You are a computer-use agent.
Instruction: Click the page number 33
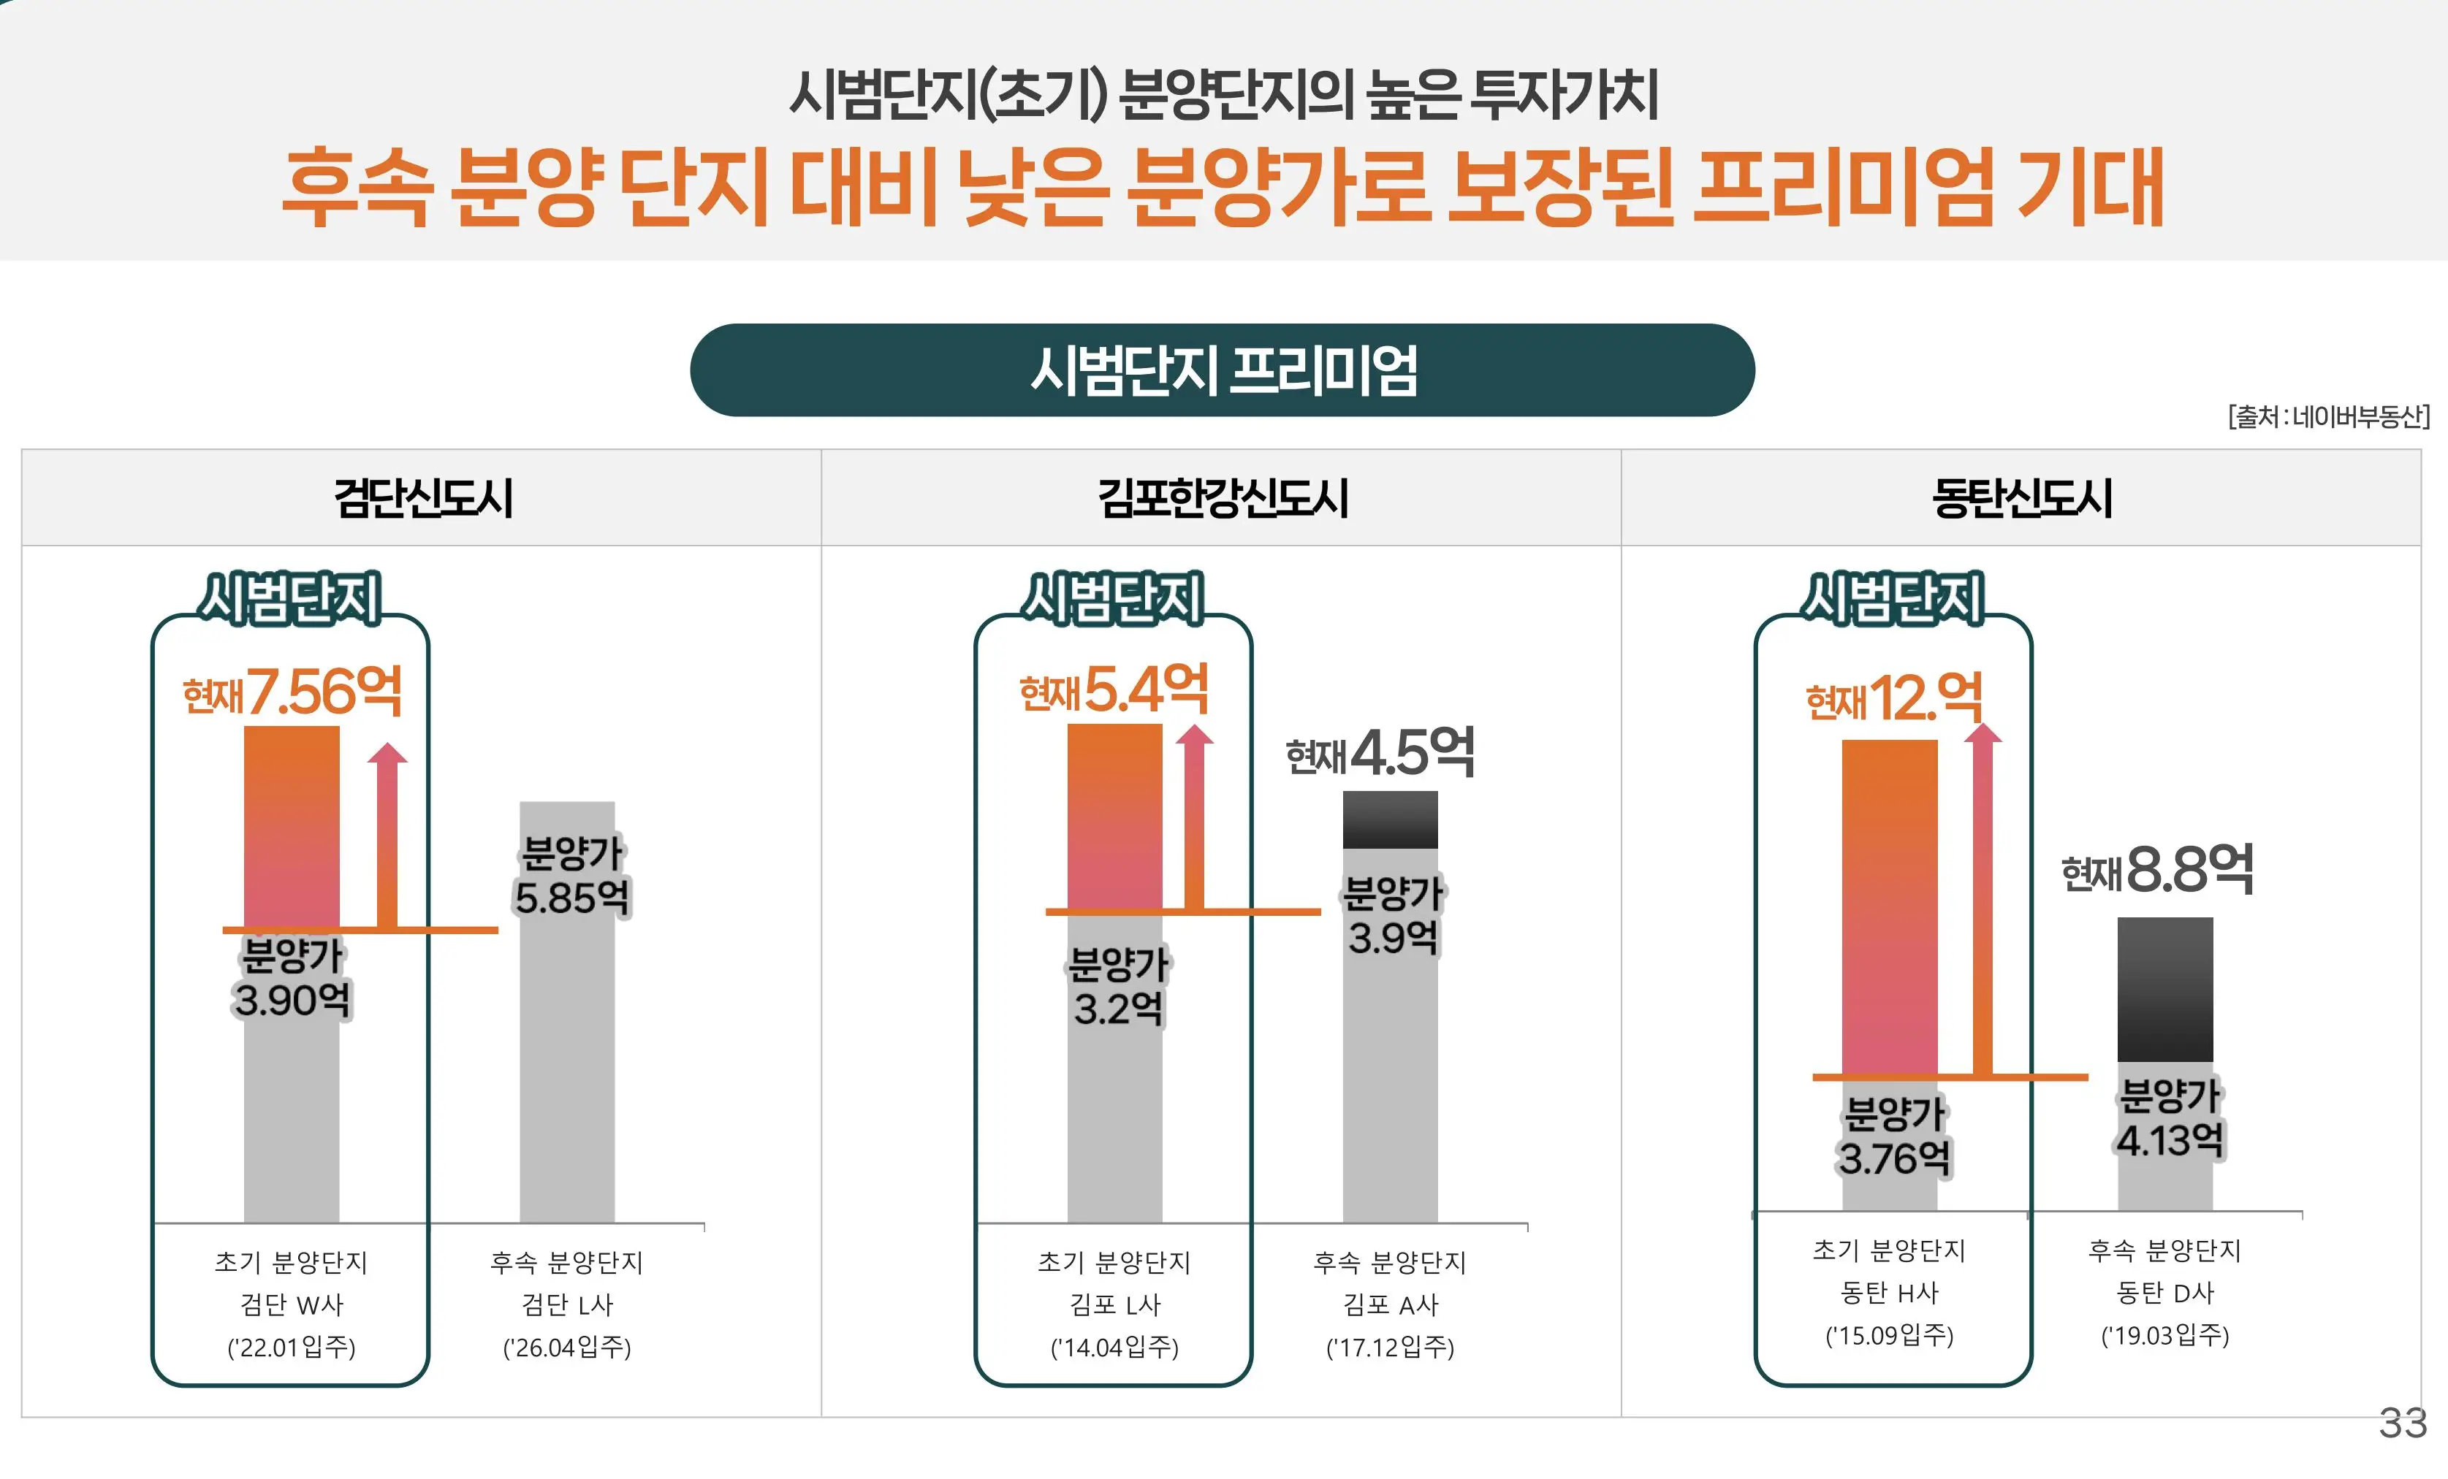pyautogui.click(x=2402, y=1423)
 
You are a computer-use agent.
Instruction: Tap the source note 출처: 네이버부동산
pyautogui.click(x=2327, y=416)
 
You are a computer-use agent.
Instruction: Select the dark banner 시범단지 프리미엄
pyautogui.click(x=1222, y=370)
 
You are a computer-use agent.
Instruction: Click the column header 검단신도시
pyautogui.click(x=422, y=497)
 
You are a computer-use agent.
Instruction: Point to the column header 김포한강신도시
pyautogui.click(x=1222, y=497)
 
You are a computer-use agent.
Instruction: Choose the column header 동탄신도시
pyautogui.click(x=2022, y=497)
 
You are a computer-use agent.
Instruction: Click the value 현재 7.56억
pyautogui.click(x=293, y=692)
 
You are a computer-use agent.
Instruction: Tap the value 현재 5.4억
pyautogui.click(x=1114, y=689)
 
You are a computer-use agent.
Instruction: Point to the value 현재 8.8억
pyautogui.click(x=2158, y=870)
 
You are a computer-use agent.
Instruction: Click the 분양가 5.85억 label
pyautogui.click(x=571, y=876)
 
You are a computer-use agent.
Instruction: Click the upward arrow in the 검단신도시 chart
pyautogui.click(x=387, y=834)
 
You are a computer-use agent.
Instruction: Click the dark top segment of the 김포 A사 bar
pyautogui.click(x=1390, y=819)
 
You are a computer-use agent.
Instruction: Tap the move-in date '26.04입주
pyautogui.click(x=567, y=1348)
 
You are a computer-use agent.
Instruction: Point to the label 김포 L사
pyautogui.click(x=1114, y=1304)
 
